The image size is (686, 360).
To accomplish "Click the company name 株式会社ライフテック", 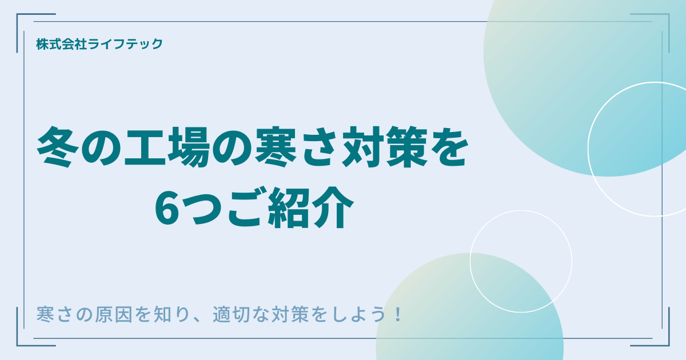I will pos(99,44).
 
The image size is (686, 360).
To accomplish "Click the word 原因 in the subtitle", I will pos(115,315).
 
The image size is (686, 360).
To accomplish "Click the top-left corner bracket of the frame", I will pos(23,20).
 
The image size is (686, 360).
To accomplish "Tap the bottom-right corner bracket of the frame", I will pos(663,340).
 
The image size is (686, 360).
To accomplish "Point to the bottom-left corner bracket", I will pos(23,340).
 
